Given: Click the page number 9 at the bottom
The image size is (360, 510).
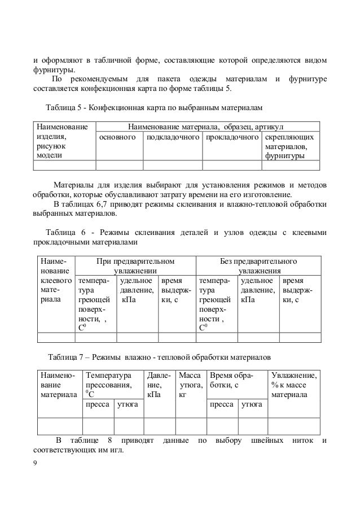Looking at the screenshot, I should (x=36, y=463).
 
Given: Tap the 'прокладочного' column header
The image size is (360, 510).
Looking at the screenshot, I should (x=232, y=137).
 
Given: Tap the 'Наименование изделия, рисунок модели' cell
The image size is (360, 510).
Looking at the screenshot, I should (x=62, y=141).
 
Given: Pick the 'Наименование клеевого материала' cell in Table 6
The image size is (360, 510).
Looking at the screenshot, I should (x=55, y=280).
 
